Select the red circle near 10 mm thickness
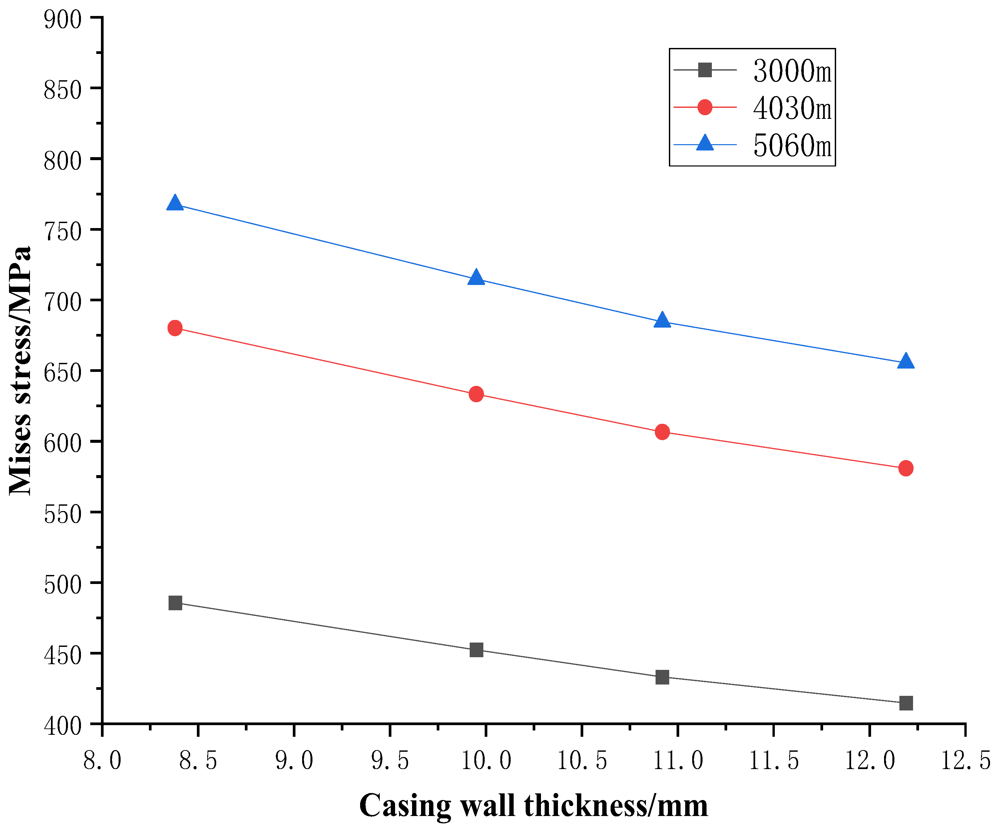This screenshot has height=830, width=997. click(476, 394)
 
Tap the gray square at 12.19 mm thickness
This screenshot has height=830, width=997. click(906, 703)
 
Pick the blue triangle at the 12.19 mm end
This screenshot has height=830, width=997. click(906, 362)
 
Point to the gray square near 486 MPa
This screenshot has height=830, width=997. click(175, 603)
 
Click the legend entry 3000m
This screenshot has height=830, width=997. click(792, 71)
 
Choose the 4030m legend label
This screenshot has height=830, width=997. click(792, 108)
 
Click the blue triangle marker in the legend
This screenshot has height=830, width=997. click(705, 143)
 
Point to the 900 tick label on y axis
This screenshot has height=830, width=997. click(62, 20)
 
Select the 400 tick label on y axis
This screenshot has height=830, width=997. click(62, 726)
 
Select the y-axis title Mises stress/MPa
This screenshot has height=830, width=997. click(20, 371)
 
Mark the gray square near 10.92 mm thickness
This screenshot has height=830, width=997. click(662, 677)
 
